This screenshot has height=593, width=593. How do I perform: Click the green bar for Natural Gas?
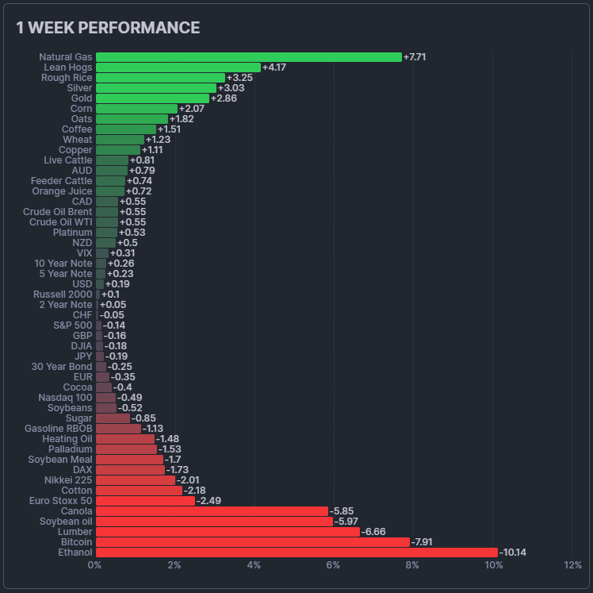point(249,57)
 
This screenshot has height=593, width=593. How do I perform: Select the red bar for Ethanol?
point(296,553)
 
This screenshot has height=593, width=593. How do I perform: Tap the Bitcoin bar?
point(253,542)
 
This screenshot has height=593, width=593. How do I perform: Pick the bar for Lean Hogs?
point(178,67)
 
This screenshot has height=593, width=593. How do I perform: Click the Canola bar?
point(212,511)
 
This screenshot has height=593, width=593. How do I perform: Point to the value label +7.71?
point(415,57)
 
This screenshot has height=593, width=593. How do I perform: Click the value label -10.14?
point(512,553)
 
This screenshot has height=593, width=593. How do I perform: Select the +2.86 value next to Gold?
point(224,98)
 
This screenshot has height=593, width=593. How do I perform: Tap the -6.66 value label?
point(373,532)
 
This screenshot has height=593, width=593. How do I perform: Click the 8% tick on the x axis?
point(412,565)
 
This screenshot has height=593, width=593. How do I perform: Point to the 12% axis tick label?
point(572,565)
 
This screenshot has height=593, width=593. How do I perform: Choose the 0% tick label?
point(94,565)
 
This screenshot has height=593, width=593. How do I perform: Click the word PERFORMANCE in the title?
point(139,28)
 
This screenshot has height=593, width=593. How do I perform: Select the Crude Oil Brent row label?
point(58,212)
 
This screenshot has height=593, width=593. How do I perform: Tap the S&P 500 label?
point(73,325)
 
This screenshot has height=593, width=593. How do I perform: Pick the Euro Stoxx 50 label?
point(60,501)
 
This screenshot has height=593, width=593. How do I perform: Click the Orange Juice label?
point(62,191)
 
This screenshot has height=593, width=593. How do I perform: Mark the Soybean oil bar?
point(214,522)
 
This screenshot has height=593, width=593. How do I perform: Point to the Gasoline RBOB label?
point(58,429)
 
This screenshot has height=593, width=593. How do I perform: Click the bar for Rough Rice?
point(160,78)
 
